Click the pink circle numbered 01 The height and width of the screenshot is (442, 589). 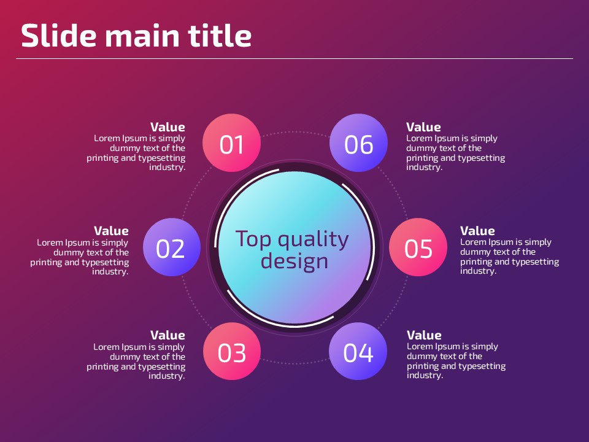(x=231, y=143)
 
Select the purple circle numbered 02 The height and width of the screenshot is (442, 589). (x=172, y=247)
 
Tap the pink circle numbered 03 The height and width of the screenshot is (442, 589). (x=232, y=351)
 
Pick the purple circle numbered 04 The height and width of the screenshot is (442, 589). (x=358, y=351)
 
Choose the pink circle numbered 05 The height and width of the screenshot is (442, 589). (x=418, y=247)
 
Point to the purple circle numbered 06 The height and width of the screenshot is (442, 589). (x=358, y=143)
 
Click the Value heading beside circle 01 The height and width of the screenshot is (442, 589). (x=167, y=127)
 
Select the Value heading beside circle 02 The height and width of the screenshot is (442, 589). (x=111, y=231)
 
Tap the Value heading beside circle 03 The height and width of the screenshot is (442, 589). (x=167, y=335)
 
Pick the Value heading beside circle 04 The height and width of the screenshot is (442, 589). (x=424, y=335)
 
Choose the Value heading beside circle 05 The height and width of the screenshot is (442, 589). (x=477, y=231)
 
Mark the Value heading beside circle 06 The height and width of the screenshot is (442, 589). (x=423, y=127)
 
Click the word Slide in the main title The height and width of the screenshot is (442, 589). (x=59, y=36)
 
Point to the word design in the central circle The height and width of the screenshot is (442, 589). (x=294, y=260)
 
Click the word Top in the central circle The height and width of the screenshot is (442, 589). (x=253, y=239)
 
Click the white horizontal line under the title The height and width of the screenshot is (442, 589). (x=294, y=59)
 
